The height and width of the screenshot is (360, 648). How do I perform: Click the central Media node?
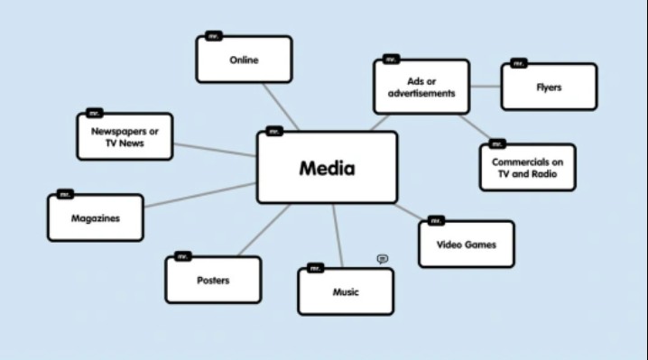click(x=327, y=168)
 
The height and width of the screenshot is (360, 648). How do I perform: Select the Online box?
click(x=244, y=60)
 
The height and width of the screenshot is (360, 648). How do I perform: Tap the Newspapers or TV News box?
click(x=125, y=137)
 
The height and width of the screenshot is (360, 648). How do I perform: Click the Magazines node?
click(x=95, y=218)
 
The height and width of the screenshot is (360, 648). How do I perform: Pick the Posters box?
click(x=213, y=280)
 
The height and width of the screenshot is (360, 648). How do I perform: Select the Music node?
click(x=346, y=291)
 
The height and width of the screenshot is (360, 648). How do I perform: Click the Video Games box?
click(x=466, y=245)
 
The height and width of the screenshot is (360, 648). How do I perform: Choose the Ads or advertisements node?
click(x=421, y=87)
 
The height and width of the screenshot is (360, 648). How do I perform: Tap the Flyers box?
click(x=549, y=88)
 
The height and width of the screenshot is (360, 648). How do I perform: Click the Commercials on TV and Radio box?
click(x=527, y=168)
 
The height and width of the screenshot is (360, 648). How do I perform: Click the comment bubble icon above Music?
click(x=383, y=259)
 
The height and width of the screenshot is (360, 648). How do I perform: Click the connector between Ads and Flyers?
click(x=486, y=87)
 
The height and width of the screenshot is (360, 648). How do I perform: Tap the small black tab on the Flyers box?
click(x=518, y=63)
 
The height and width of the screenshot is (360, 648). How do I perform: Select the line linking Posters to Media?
click(x=264, y=229)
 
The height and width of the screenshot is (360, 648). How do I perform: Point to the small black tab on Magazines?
click(x=65, y=194)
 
